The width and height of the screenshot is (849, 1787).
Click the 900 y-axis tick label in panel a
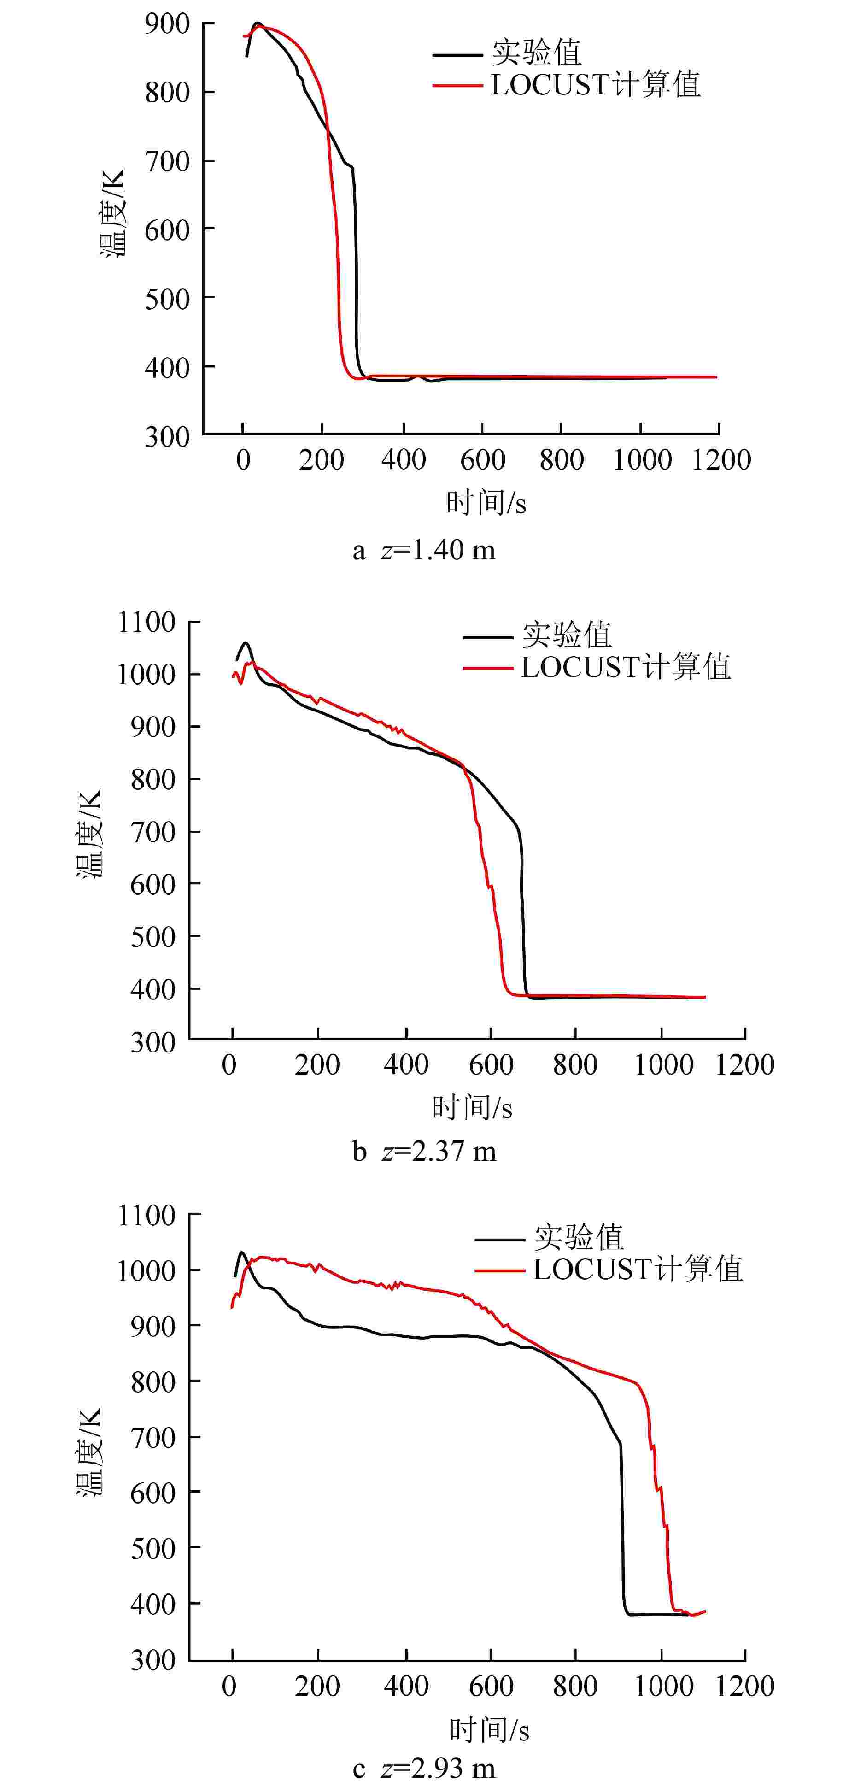click(x=167, y=24)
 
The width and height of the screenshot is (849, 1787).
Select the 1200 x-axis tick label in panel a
click(x=720, y=460)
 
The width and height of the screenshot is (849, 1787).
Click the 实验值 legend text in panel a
click(x=536, y=52)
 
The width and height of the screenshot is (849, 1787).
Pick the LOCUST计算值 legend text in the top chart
click(x=596, y=85)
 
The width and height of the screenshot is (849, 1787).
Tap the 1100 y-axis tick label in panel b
click(x=146, y=622)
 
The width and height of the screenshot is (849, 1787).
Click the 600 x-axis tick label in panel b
click(x=491, y=1065)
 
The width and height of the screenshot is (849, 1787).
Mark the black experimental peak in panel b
click(x=246, y=643)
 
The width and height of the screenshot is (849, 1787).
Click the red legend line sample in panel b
click(x=488, y=668)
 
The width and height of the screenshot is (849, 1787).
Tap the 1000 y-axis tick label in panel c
click(x=146, y=1270)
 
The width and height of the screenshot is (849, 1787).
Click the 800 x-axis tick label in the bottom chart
click(x=575, y=1687)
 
